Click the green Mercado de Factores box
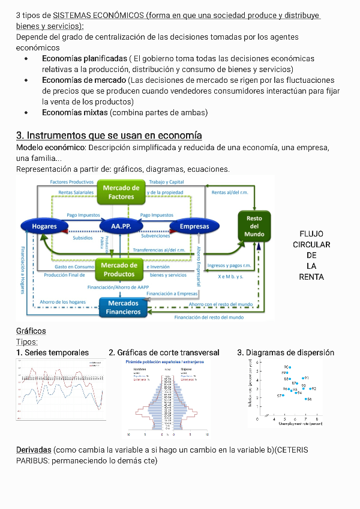(121, 192)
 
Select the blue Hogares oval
(44, 226)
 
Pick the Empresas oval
(194, 226)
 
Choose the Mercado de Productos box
(119, 270)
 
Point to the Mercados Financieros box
(123, 308)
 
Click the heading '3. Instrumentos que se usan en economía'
(109, 135)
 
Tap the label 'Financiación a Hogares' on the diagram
(23, 270)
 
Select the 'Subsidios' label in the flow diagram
(83, 238)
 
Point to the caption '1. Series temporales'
(53, 352)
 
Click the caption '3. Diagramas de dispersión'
(286, 352)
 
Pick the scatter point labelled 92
(311, 389)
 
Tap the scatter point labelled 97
(283, 396)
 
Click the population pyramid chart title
(164, 362)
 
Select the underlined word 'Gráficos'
(31, 331)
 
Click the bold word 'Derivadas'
(34, 450)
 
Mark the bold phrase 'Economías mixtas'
(75, 112)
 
